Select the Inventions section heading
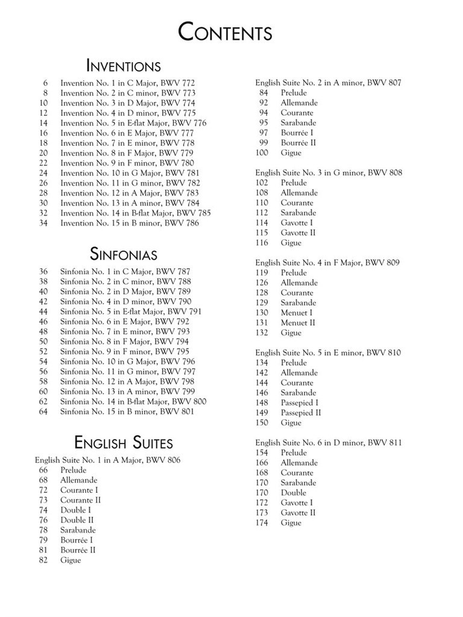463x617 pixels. pos(123,65)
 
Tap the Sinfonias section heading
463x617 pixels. pos(124,253)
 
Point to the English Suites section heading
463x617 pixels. pos(123,443)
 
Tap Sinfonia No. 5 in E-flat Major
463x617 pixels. pos(130,312)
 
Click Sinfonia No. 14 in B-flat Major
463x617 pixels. pos(133,401)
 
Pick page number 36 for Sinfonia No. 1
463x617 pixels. pos(43,272)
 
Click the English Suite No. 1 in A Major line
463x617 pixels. pos(107,460)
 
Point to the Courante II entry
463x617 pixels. pos(80,500)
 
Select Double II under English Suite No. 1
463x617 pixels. pos(77,520)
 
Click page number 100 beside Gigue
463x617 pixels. pos(262,153)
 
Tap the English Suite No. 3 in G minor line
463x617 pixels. pos(329,173)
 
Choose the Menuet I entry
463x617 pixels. pos(296,313)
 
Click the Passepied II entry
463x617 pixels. pos(300,413)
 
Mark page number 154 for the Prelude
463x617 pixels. pos(262,453)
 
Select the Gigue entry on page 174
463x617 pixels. pos(291,523)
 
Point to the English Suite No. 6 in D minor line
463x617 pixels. pos(328,443)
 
